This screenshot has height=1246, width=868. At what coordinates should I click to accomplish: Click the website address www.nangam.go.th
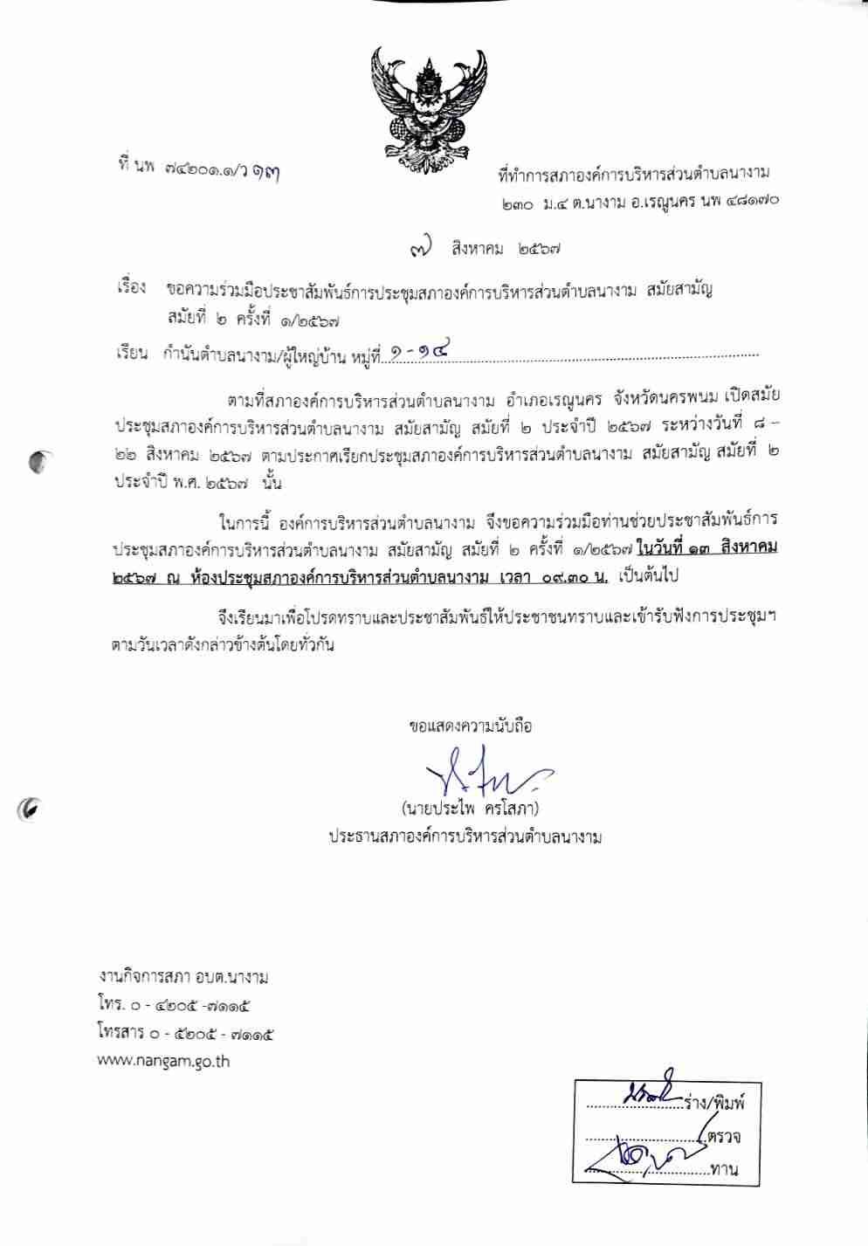tap(163, 1062)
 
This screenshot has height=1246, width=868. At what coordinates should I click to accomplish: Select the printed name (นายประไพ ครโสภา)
tap(470, 808)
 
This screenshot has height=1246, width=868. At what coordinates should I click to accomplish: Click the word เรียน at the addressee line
tap(132, 354)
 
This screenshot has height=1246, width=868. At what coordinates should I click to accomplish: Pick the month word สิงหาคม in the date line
tap(477, 249)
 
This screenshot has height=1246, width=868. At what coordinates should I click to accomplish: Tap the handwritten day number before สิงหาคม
tap(421, 248)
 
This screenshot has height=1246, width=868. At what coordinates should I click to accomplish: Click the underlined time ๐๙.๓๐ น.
tap(575, 577)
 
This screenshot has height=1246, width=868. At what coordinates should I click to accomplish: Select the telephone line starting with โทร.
tap(175, 1006)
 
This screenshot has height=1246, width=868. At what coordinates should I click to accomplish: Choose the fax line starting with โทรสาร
tap(186, 1034)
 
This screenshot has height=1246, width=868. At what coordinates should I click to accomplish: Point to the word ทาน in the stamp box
tap(725, 1169)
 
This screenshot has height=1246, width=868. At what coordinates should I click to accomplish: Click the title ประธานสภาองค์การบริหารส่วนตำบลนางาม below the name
tap(465, 836)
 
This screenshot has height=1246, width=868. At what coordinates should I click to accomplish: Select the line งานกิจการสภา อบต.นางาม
tap(184, 977)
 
